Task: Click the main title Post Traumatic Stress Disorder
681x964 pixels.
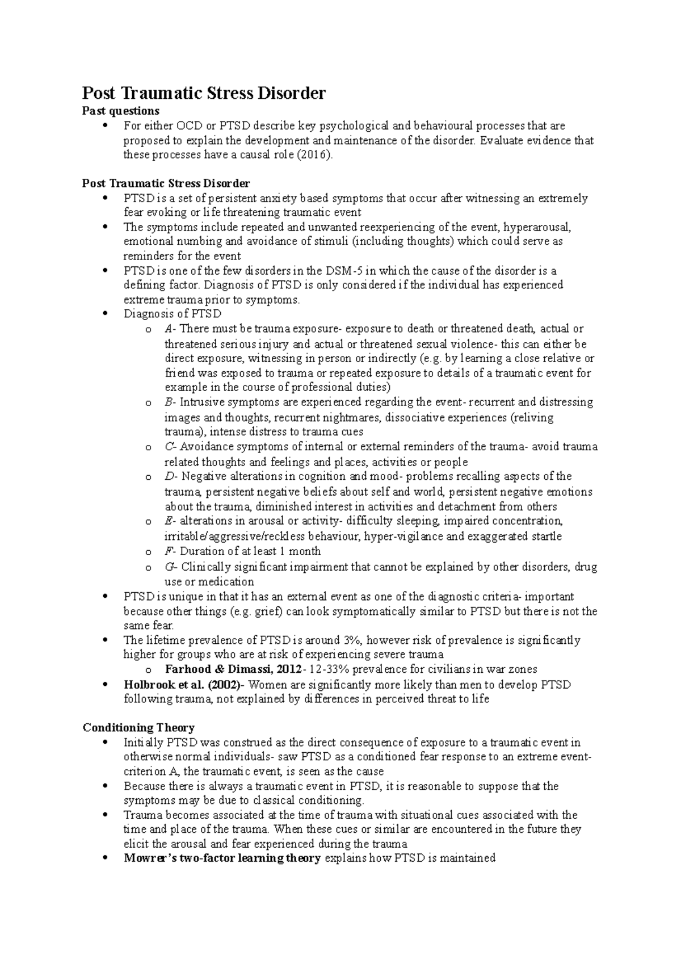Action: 204,93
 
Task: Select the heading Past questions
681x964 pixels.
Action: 120,111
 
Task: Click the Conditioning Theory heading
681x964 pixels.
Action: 138,728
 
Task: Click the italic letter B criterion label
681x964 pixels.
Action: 168,402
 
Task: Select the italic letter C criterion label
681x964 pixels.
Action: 168,447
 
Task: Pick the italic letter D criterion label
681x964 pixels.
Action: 169,476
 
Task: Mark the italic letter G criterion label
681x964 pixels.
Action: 169,567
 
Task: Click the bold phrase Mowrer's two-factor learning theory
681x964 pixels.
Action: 222,858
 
